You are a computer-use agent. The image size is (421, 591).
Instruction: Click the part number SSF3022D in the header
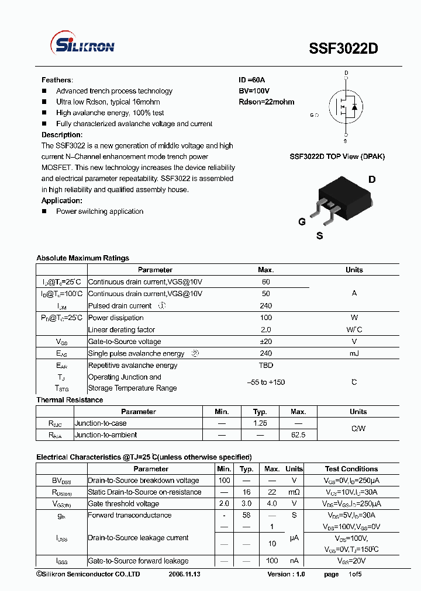point(343,49)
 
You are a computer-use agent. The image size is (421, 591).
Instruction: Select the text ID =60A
point(252,80)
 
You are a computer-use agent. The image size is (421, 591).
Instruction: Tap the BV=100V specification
point(254,91)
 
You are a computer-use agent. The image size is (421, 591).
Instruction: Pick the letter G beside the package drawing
point(302,222)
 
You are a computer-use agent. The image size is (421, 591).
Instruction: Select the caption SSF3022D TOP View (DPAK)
point(337,157)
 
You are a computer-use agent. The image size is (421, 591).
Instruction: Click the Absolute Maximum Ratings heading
point(82,258)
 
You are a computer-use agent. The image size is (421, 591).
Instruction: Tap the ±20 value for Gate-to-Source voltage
point(266,342)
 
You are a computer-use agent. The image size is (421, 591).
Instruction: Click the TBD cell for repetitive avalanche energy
point(266,366)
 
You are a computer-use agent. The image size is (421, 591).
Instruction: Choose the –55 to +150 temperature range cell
point(266,382)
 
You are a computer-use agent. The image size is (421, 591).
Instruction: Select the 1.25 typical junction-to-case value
point(260,423)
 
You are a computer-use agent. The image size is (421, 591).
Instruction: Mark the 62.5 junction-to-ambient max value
point(298,435)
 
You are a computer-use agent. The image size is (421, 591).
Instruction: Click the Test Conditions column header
point(351,469)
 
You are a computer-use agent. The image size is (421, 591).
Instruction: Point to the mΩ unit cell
point(294,492)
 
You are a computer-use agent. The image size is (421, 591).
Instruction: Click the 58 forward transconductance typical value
point(247,515)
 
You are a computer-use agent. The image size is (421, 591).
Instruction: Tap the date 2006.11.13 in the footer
point(184,575)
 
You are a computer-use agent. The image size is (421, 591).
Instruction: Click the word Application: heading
point(61,200)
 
